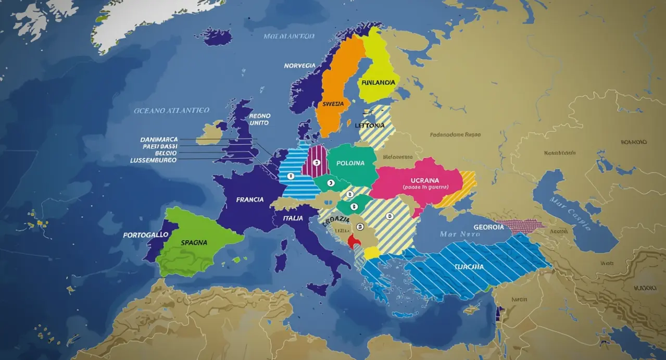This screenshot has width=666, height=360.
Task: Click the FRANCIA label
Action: (249, 200)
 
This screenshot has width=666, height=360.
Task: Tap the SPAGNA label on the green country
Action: (194, 242)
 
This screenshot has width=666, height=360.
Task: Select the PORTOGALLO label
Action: (146, 235)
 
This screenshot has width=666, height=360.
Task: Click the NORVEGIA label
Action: (299, 66)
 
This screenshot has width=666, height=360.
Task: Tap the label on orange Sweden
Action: (333, 104)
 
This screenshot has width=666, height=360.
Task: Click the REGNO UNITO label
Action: (259, 119)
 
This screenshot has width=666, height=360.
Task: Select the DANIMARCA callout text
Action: (159, 140)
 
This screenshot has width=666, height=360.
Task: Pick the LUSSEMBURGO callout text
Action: (153, 160)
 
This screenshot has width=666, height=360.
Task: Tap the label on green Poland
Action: (350, 163)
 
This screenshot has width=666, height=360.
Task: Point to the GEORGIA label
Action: (488, 227)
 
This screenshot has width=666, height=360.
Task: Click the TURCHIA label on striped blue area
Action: (469, 267)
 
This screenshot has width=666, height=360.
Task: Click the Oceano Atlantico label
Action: (171, 110)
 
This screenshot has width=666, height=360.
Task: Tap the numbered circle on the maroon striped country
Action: (316, 163)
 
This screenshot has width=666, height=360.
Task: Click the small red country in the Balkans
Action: (355, 240)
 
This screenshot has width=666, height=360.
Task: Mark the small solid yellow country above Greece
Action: (372, 253)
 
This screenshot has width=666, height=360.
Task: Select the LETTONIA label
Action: (369, 126)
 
